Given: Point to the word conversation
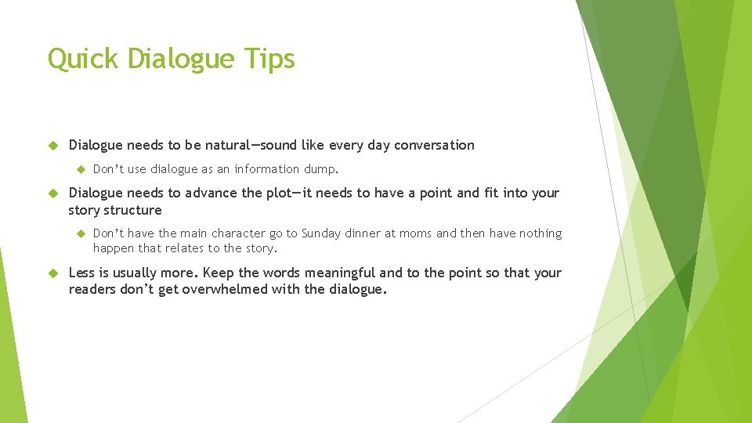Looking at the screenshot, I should pyautogui.click(x=434, y=145).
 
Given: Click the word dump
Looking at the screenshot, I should pyautogui.click(x=321, y=168).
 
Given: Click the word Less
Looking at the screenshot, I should pyautogui.click(x=82, y=273).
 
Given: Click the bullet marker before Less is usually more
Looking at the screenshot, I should pyautogui.click(x=53, y=273).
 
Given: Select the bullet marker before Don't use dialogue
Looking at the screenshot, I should pyautogui.click(x=78, y=168).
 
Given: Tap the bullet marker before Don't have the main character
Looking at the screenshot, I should pyautogui.click(x=78, y=233).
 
